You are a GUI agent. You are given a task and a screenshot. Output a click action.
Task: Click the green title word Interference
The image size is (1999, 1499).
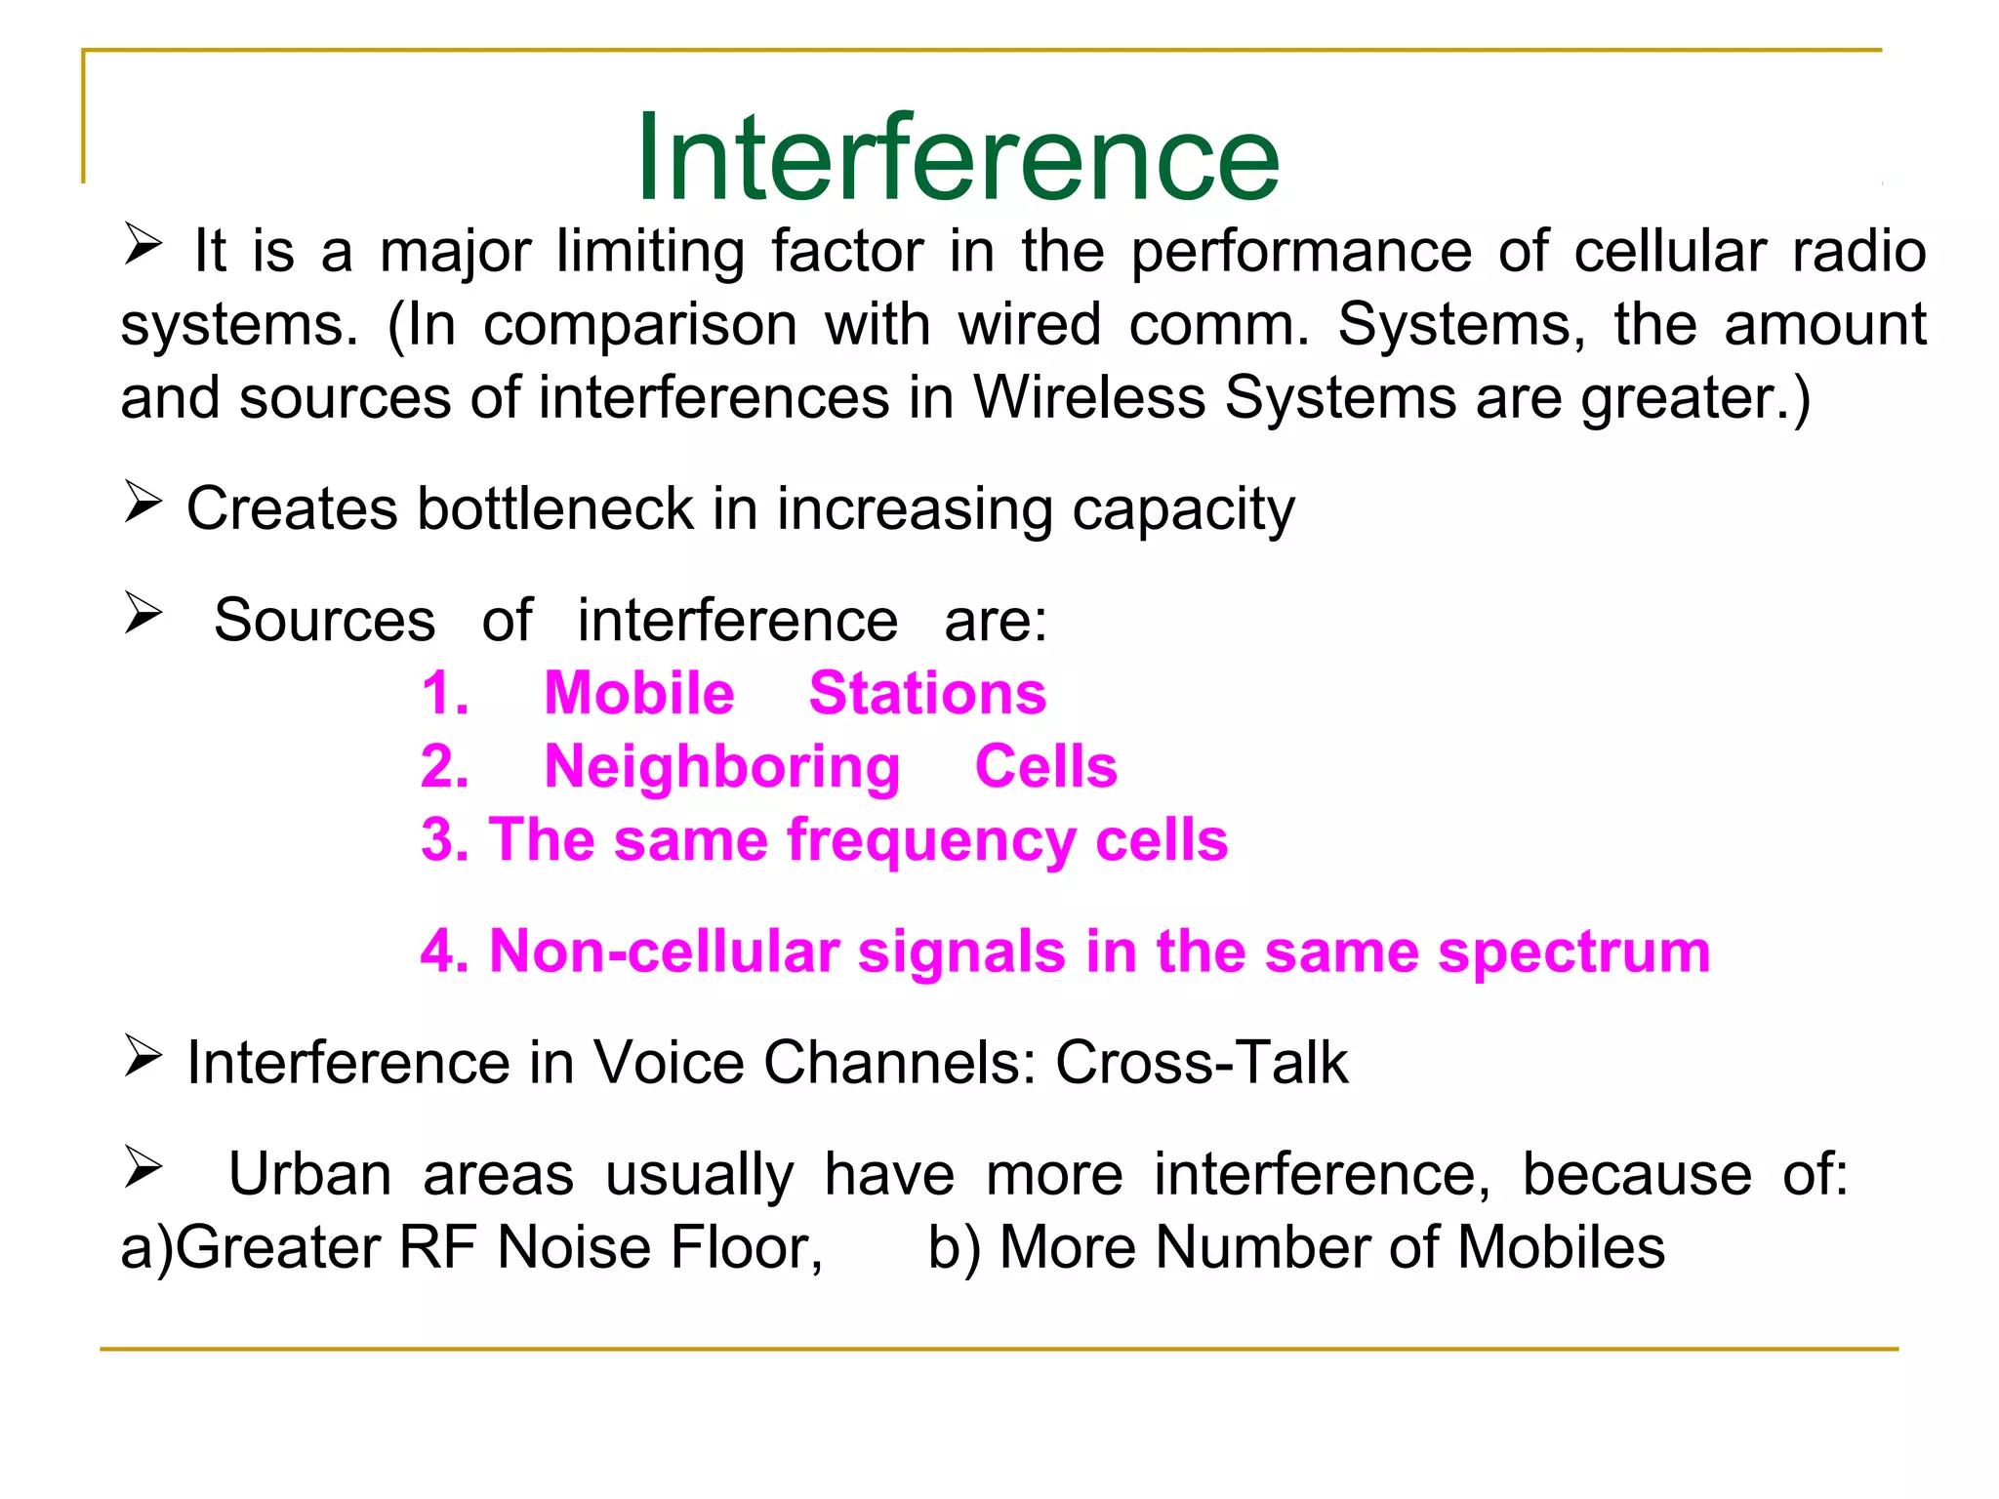pyautogui.click(x=957, y=158)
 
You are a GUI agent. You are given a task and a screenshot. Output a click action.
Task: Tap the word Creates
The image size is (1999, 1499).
pyautogui.click(x=292, y=508)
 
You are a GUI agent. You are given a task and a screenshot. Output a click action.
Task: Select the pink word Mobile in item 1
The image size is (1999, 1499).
pyautogui.click(x=638, y=694)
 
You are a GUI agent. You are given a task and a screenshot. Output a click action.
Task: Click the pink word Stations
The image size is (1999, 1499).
pyautogui.click(x=927, y=694)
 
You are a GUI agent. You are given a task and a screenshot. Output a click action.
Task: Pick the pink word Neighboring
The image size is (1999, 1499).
pyautogui.click(x=721, y=767)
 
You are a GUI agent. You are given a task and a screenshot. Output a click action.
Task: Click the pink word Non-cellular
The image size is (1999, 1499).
pyautogui.click(x=664, y=952)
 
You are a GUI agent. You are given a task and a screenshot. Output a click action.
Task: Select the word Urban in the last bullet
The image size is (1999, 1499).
pyautogui.click(x=309, y=1174)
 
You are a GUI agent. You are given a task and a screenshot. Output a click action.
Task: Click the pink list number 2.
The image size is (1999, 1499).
pyautogui.click(x=444, y=767)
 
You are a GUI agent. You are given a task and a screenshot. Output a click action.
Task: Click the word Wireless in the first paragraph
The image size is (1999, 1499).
pyautogui.click(x=1089, y=398)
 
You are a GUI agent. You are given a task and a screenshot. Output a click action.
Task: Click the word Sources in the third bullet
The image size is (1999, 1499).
pyautogui.click(x=324, y=621)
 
